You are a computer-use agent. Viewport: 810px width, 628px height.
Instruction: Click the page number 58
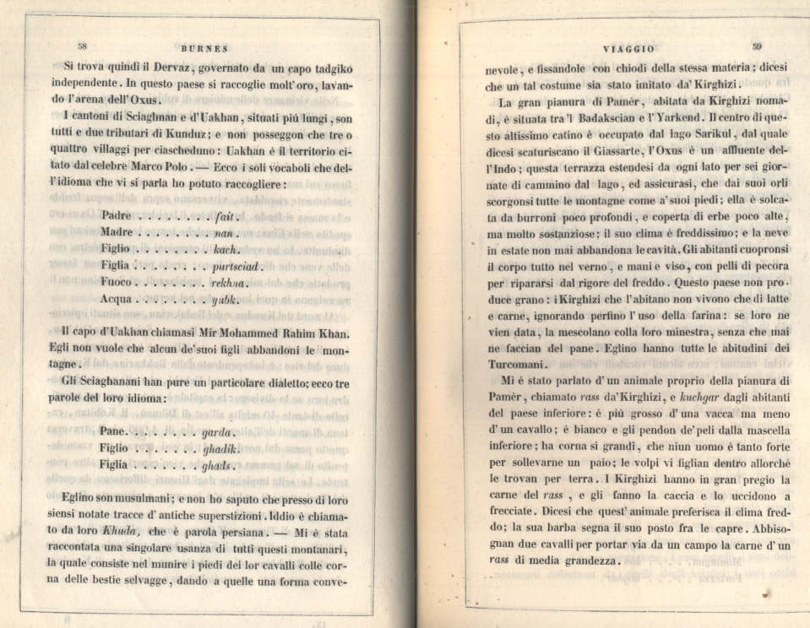click(x=83, y=46)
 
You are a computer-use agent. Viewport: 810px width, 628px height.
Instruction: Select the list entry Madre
click(x=117, y=232)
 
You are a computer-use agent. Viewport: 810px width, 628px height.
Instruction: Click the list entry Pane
click(x=113, y=430)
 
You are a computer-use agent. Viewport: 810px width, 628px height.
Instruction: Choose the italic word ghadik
click(x=221, y=447)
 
